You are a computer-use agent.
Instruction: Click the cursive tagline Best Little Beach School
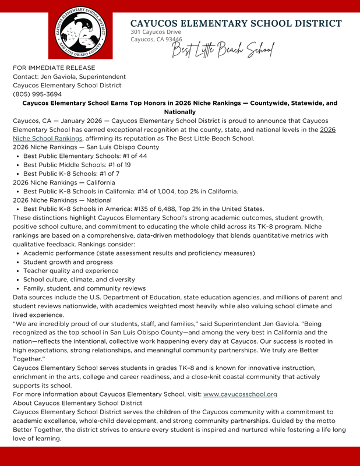(221, 51)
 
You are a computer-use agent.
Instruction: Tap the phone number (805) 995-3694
(38, 94)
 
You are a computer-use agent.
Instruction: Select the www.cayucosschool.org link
(240, 394)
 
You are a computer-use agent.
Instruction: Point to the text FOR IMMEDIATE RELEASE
(54, 68)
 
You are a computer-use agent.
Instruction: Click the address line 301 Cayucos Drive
(156, 31)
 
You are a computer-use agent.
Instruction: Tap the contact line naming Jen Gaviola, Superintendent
(69, 77)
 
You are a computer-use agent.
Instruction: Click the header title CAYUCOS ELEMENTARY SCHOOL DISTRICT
(236, 23)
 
